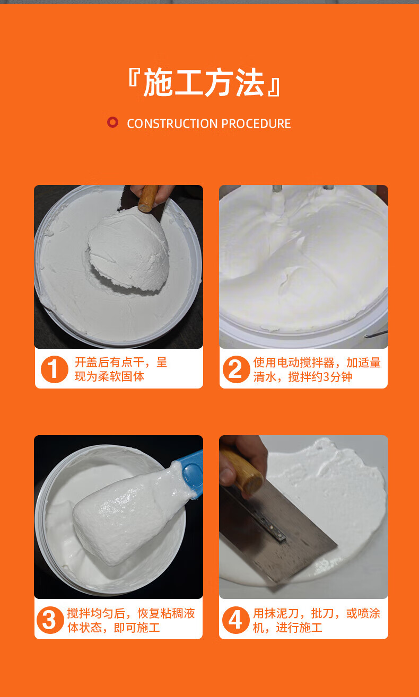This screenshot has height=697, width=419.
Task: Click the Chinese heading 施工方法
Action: (204, 83)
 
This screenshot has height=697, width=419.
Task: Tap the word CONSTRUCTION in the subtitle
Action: (172, 123)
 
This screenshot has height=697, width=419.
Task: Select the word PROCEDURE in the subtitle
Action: (256, 123)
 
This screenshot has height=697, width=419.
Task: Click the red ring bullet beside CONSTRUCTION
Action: (112, 122)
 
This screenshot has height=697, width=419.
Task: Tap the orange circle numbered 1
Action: (55, 369)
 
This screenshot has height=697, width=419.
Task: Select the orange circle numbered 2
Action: (236, 369)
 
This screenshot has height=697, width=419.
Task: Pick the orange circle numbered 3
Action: (50, 620)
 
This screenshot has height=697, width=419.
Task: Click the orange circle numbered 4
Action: (235, 620)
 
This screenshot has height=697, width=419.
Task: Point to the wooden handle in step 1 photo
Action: (148, 199)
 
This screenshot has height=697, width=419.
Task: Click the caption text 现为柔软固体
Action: (109, 376)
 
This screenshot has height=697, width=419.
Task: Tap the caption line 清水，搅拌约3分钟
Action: (302, 377)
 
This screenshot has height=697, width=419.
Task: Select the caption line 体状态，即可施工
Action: (114, 628)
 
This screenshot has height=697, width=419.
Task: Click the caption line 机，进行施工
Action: (287, 628)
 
